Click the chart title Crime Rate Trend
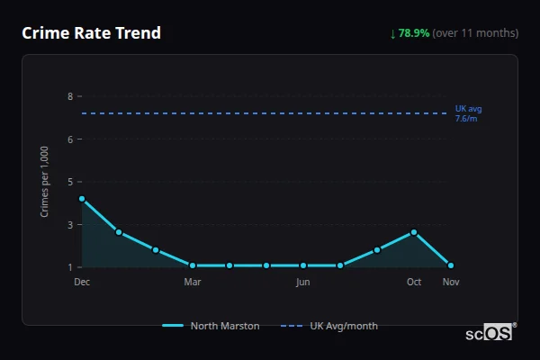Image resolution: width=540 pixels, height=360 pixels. coord(91,33)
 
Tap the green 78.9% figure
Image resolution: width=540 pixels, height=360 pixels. coord(414,33)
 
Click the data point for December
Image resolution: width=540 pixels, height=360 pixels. coord(82,199)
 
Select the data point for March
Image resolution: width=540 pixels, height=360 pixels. coord(193,265)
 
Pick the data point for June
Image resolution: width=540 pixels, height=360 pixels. coord(303,265)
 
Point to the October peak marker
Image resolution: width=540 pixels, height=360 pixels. coord(414,232)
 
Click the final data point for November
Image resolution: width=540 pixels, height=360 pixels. coord(451,265)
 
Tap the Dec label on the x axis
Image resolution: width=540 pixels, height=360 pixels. coord(82,282)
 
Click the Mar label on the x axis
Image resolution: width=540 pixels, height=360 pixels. coord(193,282)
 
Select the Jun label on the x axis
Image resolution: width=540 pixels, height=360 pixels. coord(303,282)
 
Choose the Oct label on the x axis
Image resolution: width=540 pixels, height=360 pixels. coord(414,282)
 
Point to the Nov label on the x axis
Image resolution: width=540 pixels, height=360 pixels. coord(451,282)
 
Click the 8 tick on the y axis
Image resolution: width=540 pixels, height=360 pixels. coord(70,96)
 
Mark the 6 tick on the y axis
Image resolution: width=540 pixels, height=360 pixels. coord(70,139)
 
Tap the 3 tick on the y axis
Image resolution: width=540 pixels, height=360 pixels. coord(70,224)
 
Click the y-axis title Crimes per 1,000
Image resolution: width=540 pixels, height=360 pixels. coord(45,181)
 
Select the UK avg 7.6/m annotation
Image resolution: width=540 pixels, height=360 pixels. coord(467,113)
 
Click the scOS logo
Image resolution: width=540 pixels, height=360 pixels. coord(490,332)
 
